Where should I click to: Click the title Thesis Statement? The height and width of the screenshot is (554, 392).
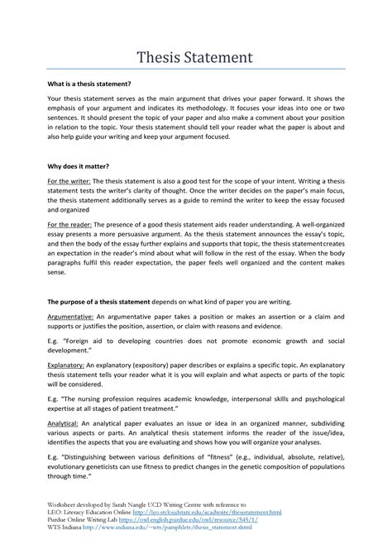(195, 58)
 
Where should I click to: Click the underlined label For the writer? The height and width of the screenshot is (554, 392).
(68, 179)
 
